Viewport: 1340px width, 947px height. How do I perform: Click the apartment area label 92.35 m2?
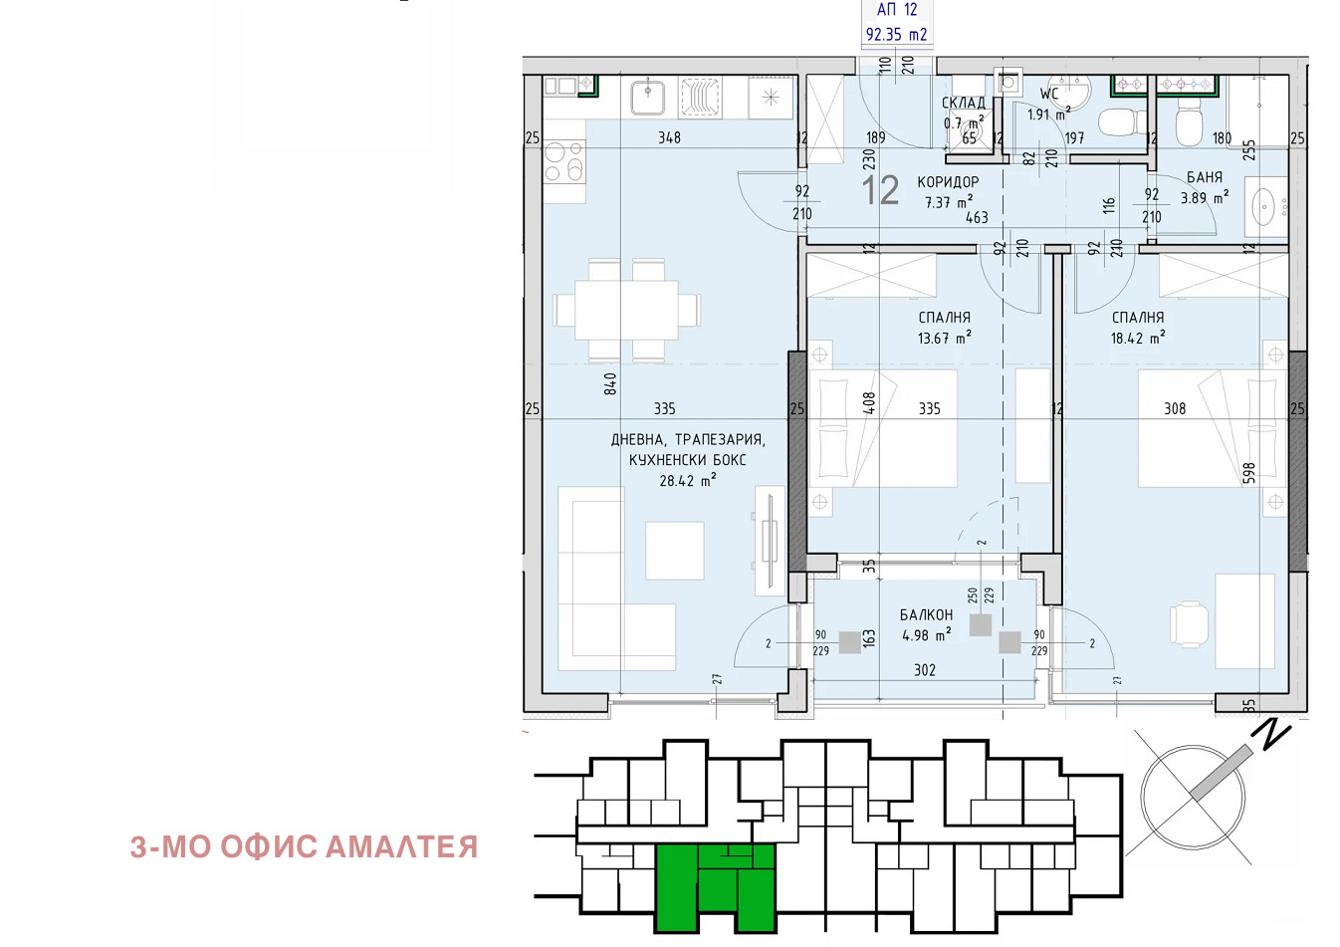(x=896, y=34)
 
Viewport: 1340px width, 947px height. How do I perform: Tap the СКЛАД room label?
(x=963, y=103)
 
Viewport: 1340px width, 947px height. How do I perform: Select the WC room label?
(x=1049, y=94)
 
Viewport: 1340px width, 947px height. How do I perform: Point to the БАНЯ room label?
(x=1205, y=177)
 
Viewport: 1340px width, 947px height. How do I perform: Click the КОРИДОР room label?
(x=948, y=182)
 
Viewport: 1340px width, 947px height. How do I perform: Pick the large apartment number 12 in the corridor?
(x=880, y=191)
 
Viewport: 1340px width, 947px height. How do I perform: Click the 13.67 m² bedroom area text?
(x=945, y=338)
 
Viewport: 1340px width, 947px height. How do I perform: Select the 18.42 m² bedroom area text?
(x=1138, y=338)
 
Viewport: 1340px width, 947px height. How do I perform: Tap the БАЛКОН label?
(x=926, y=615)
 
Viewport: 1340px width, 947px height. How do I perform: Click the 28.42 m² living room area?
(x=688, y=480)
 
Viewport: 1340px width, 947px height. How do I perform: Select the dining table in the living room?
(x=627, y=311)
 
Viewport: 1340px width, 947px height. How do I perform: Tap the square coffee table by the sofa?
(x=675, y=551)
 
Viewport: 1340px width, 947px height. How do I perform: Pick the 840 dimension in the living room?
(x=610, y=383)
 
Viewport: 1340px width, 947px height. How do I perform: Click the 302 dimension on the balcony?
(x=925, y=670)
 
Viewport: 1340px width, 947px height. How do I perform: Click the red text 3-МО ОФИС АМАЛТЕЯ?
(x=304, y=847)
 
